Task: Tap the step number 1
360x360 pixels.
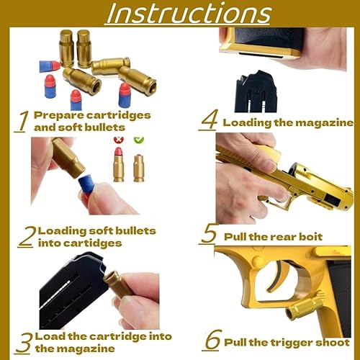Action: [22, 122]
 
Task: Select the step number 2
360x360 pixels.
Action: [27, 236]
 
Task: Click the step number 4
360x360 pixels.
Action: [208, 121]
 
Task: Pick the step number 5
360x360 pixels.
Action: [209, 233]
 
